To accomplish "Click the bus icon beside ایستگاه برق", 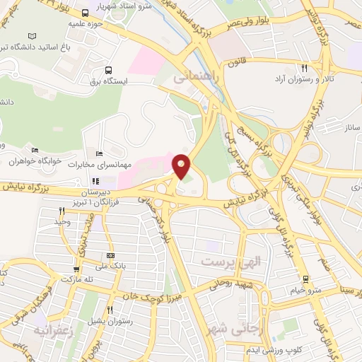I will pos(108,70).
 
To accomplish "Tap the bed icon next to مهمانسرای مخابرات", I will pos(99,153).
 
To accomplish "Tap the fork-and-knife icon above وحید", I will pos(62,211).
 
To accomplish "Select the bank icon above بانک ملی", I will pos(110,255).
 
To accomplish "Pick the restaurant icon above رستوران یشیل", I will pos(110,310).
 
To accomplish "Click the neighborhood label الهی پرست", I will pos(231,262).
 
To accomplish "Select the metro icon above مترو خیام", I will pos(305,279).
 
